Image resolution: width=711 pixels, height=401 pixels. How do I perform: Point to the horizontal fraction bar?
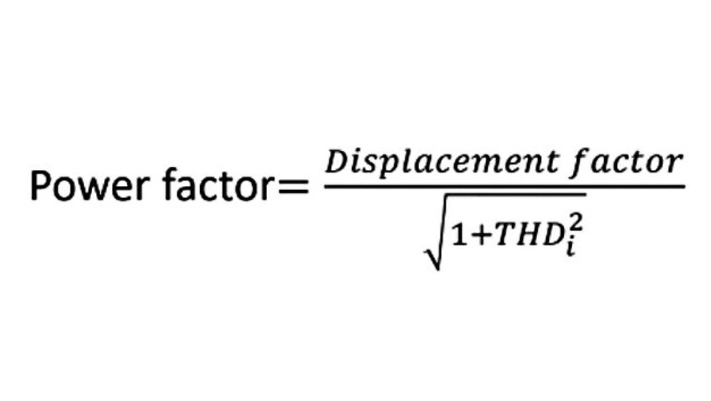[x=504, y=186]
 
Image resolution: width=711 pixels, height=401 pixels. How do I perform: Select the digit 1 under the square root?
[x=458, y=235]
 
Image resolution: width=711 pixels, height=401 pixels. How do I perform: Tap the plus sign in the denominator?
[x=480, y=236]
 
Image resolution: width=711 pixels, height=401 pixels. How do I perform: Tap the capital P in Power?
[x=41, y=186]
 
